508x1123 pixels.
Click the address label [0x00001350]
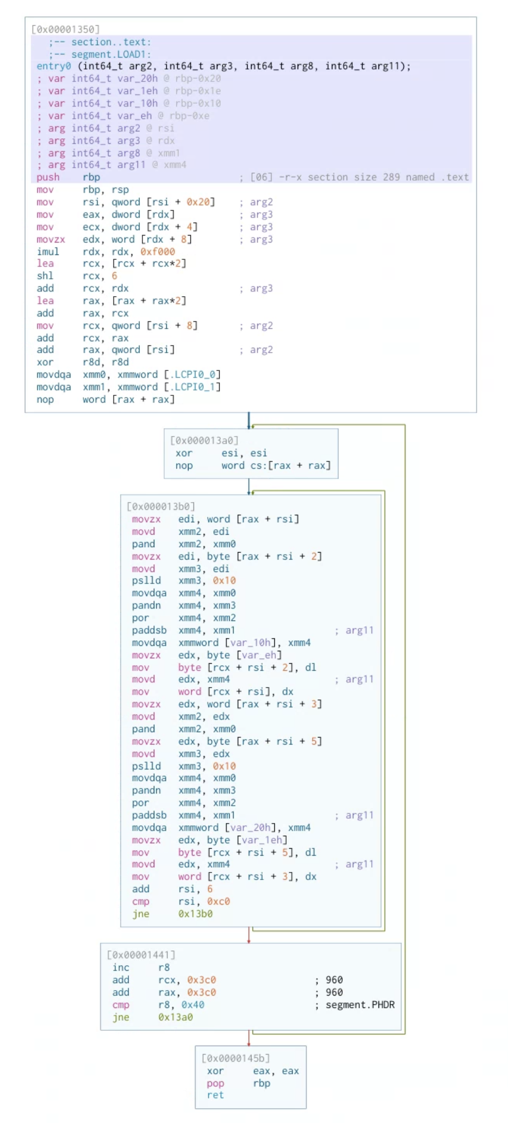coord(65,29)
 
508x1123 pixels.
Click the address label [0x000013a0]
coord(204,440)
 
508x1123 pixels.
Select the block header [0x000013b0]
coord(161,506)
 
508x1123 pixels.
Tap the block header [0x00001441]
coord(141,955)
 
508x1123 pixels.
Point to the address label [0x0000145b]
coord(236,1059)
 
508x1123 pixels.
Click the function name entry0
coord(54,66)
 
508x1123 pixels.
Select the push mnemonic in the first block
coord(48,177)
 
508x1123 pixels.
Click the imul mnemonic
coord(48,251)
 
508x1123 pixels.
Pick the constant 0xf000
coord(157,251)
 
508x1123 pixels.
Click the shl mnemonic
coord(45,276)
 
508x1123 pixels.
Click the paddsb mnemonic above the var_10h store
coord(149,630)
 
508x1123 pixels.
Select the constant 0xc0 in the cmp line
coord(218,901)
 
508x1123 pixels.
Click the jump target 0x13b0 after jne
coord(195,914)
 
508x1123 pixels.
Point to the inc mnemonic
coord(121,968)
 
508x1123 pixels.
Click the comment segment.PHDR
coord(360,1005)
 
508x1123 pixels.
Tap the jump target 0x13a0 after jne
coord(175,1017)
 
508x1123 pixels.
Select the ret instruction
coord(215,1095)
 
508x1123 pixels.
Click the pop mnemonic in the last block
coord(215,1083)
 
